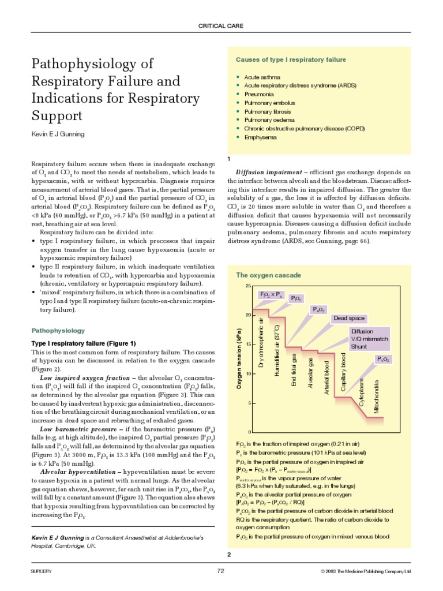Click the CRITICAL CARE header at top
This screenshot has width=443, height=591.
point(221,26)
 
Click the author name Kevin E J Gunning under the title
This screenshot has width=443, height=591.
point(59,134)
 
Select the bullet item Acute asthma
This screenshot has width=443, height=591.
point(262,77)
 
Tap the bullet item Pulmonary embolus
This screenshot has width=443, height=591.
point(269,103)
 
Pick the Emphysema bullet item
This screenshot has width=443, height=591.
point(261,137)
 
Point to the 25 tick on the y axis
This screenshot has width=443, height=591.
point(248,286)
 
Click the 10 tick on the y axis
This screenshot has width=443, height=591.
point(248,374)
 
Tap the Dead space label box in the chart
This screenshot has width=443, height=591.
point(348,318)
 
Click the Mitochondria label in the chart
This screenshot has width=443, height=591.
point(377,397)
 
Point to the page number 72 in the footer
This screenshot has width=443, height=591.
point(221,571)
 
